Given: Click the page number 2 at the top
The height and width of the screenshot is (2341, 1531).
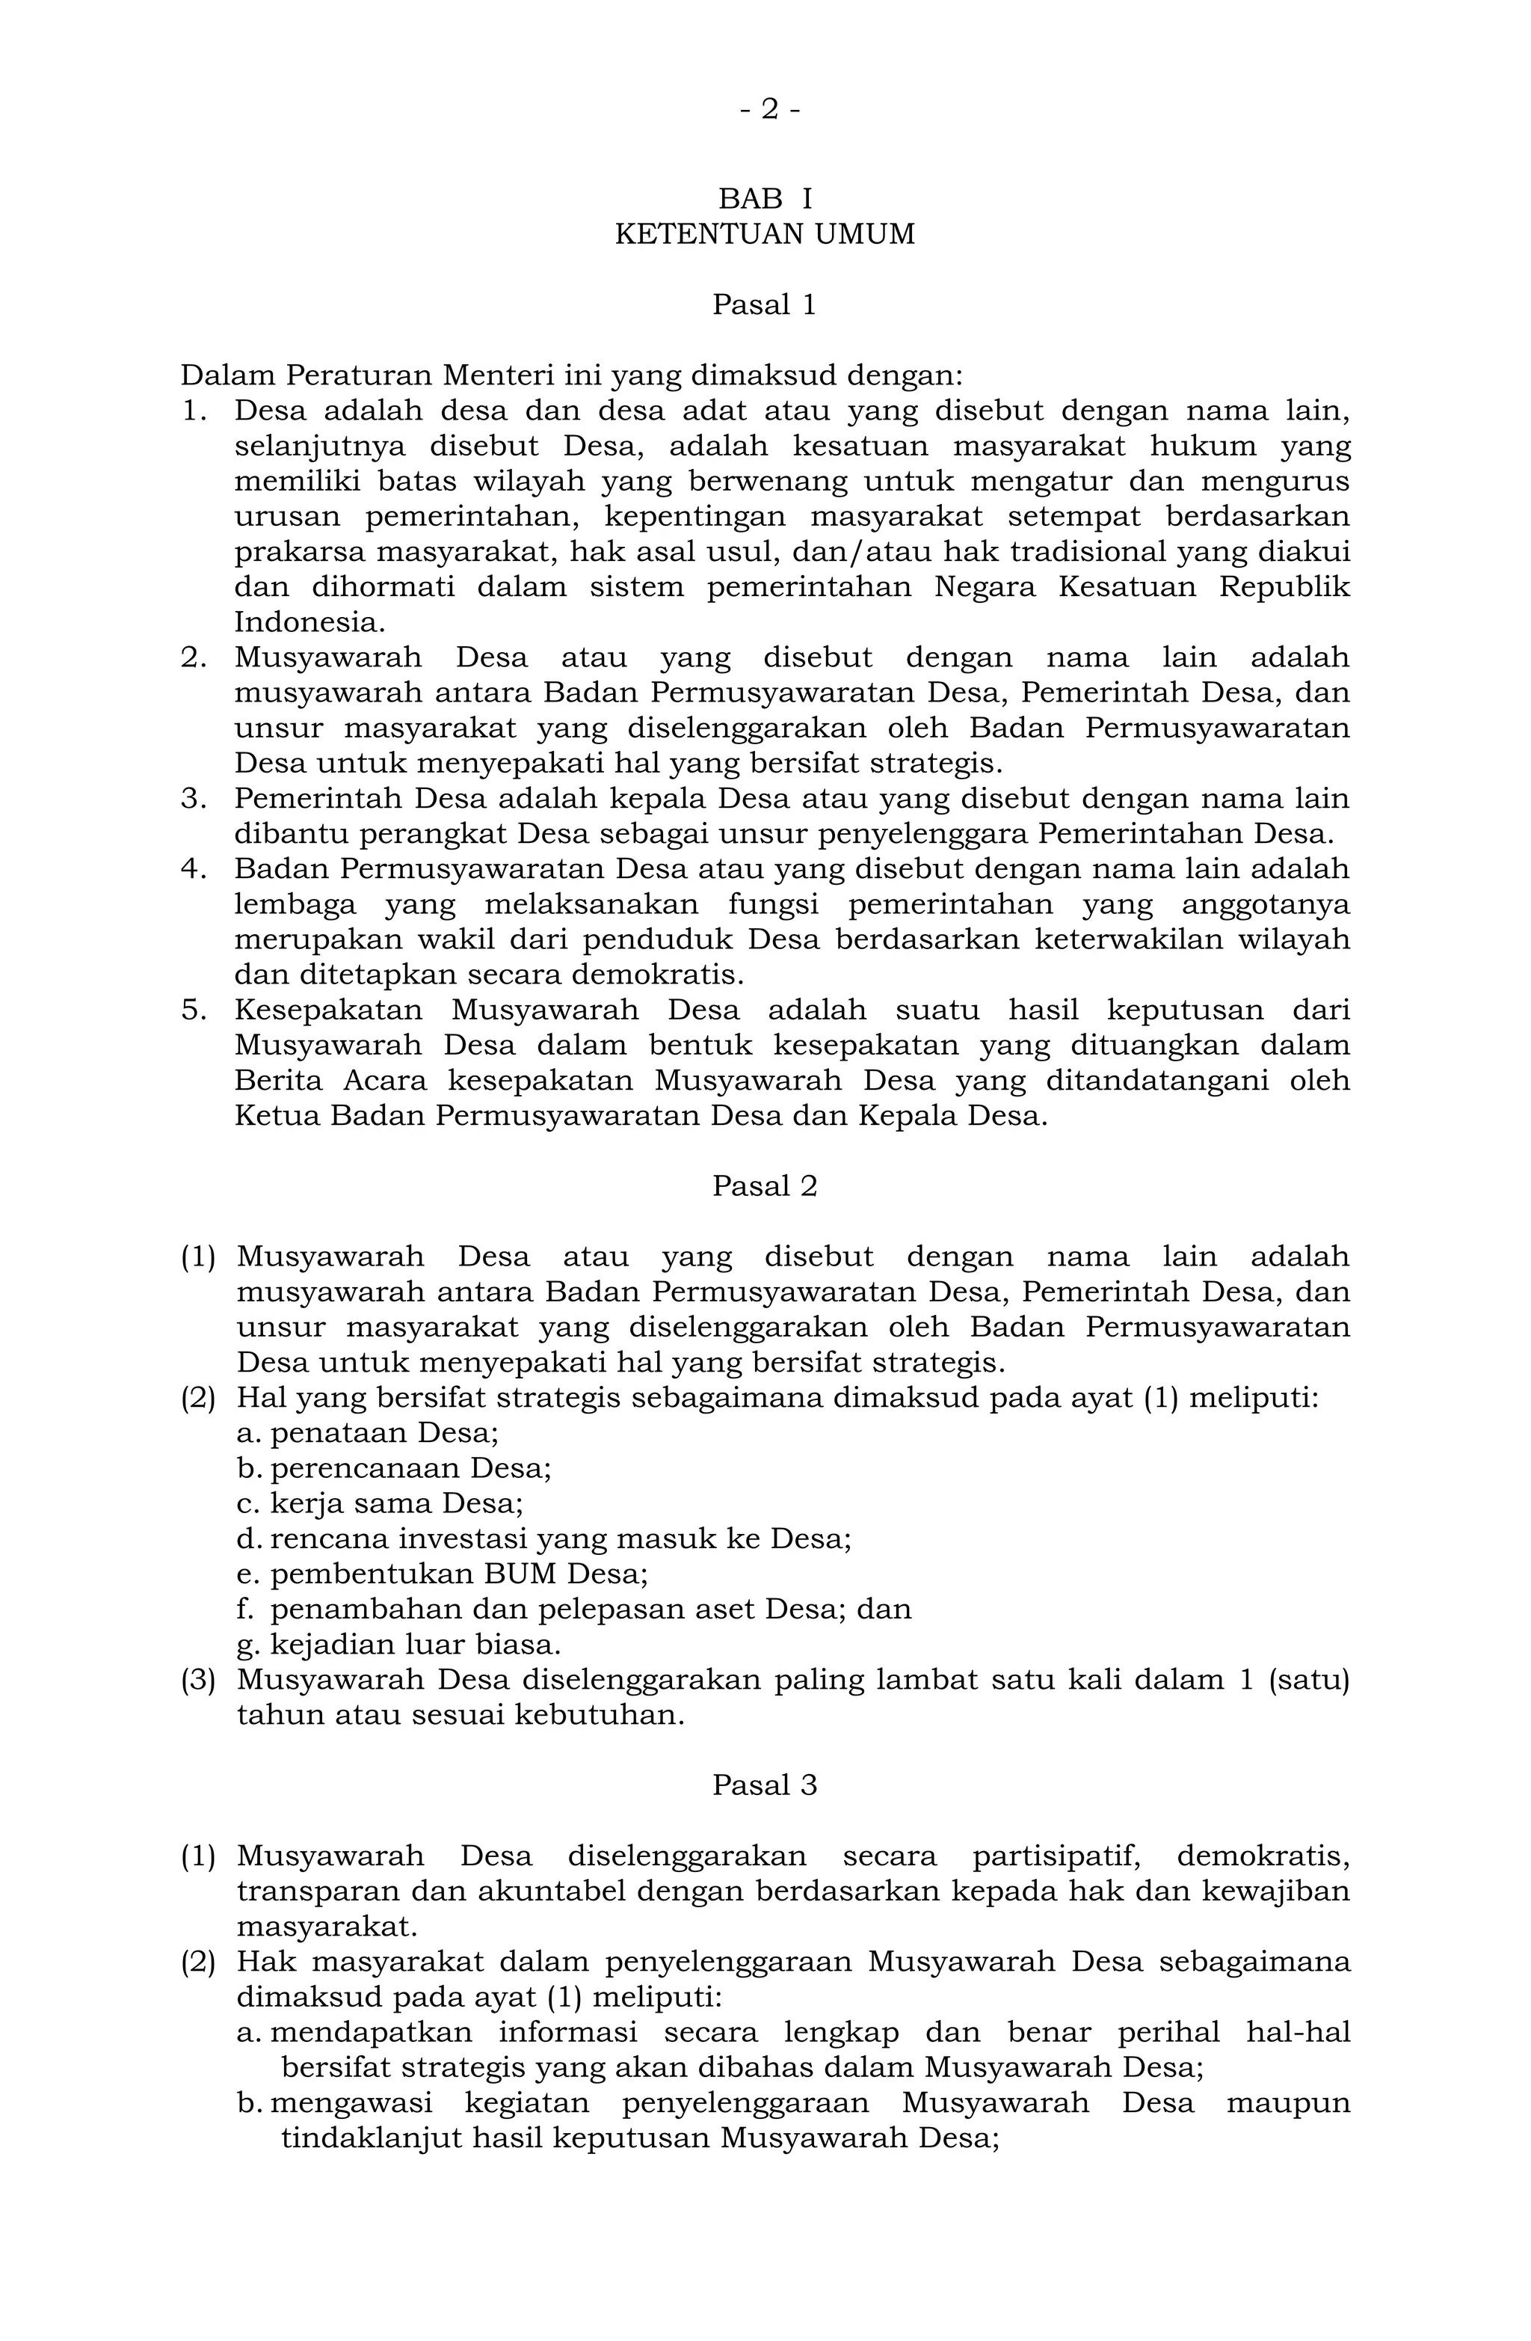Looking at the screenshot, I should pos(770,109).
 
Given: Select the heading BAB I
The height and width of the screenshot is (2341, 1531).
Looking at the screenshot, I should pos(765,199).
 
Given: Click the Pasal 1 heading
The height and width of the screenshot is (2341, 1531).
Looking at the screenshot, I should pos(765,305).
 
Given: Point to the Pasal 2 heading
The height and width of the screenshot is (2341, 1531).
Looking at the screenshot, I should pos(765,1186).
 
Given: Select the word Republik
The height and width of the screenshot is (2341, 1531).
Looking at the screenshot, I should pos(1284,587).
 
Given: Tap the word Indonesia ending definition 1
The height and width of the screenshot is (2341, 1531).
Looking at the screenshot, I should pos(309,622).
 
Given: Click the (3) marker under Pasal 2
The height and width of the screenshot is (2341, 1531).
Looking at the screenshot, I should pos(197,1680).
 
